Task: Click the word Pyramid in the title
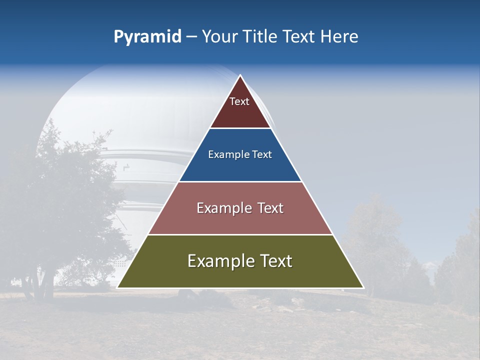tap(147, 37)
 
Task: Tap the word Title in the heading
tap(262, 37)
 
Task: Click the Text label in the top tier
tap(239, 101)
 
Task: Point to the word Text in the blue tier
tap(262, 155)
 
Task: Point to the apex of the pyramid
tap(240, 76)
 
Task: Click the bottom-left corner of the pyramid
tap(118, 287)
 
